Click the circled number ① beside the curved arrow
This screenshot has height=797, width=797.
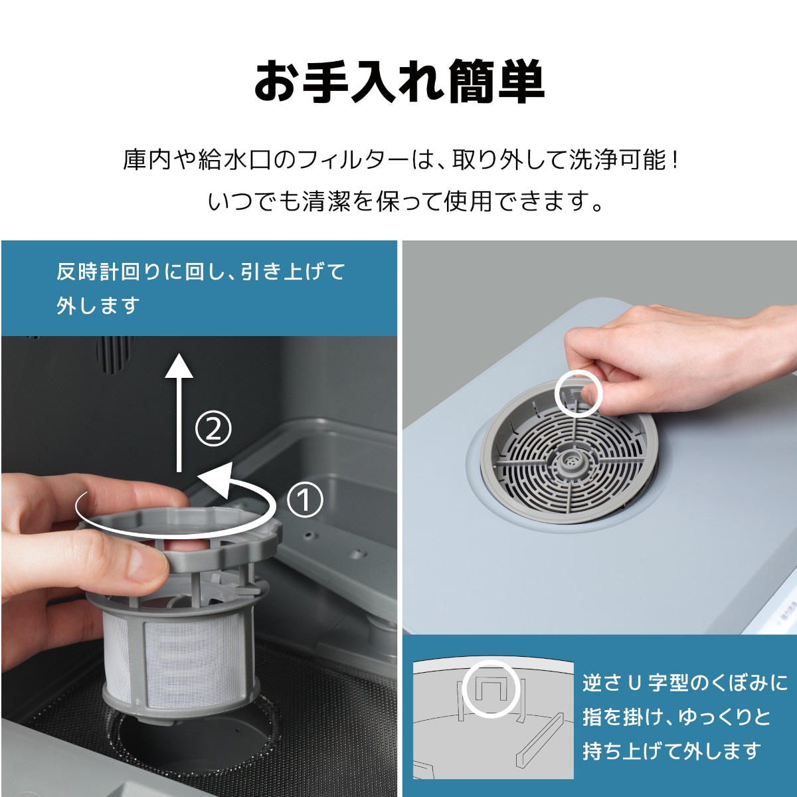coord(304,500)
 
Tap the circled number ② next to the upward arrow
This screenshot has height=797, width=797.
coord(213,429)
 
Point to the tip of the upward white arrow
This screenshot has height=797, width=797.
coord(179,353)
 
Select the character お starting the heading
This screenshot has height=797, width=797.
coord(276,82)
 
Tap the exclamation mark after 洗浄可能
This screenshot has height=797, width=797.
coord(675,159)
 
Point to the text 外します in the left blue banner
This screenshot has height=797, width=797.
coord(98,306)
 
